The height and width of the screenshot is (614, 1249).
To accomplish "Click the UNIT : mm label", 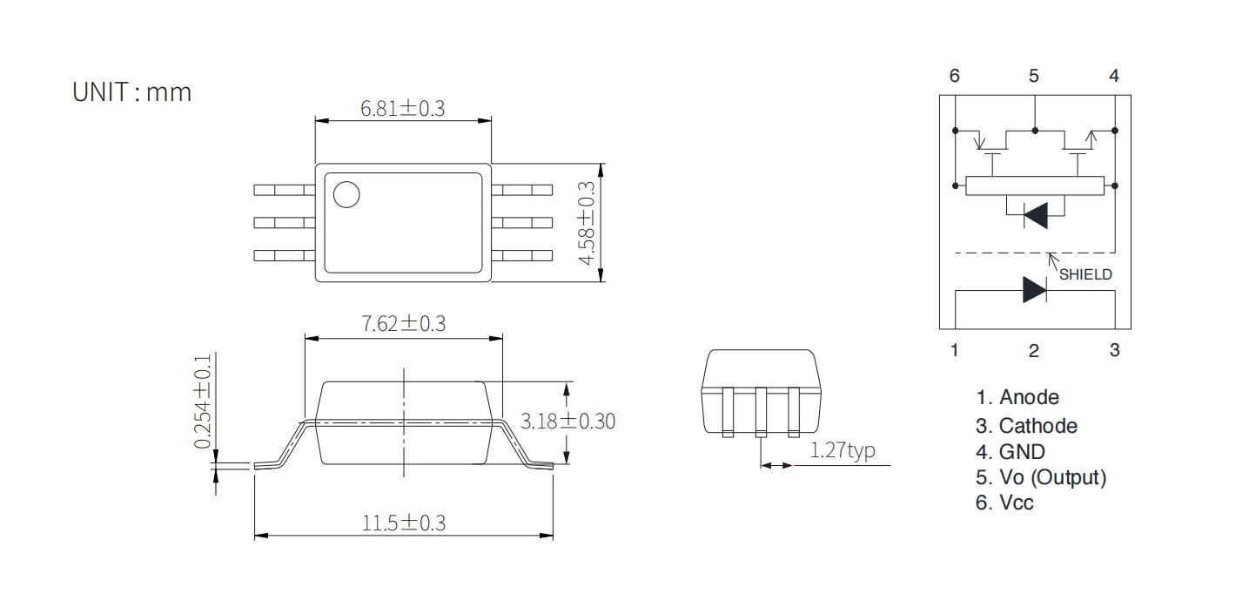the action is click(131, 92).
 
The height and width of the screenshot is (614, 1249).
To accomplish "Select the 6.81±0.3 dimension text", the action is click(403, 108).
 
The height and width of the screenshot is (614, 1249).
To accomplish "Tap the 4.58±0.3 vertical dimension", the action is click(587, 223).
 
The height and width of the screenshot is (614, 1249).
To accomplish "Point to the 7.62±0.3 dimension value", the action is click(404, 323).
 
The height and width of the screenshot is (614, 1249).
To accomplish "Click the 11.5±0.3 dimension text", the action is click(404, 523).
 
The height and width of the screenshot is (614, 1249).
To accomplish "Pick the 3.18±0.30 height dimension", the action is click(567, 421).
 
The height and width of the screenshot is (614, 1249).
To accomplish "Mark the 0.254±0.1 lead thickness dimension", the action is click(203, 401).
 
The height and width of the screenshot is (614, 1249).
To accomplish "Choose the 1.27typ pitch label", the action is click(842, 450).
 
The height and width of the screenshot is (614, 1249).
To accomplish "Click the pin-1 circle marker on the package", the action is click(346, 195).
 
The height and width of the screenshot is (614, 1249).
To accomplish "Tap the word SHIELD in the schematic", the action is click(1085, 274).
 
